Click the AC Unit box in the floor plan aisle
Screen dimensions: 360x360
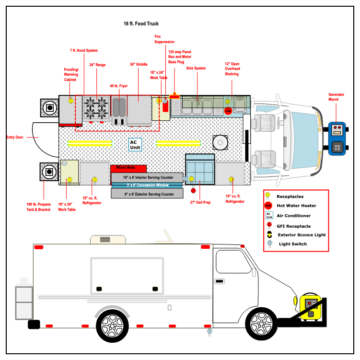pyautogui.click(x=135, y=144)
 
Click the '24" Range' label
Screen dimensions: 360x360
pyautogui.click(x=97, y=65)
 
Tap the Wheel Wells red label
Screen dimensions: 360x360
pyautogui.click(x=126, y=168)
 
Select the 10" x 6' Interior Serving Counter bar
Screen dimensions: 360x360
pyautogui.click(x=147, y=177)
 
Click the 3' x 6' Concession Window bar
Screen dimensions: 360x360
pyautogui.click(x=147, y=185)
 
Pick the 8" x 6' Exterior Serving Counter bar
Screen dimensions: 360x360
pyautogui.click(x=147, y=194)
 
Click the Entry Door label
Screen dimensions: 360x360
pyautogui.click(x=15, y=137)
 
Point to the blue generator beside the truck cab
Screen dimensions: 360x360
pyautogui.click(x=337, y=138)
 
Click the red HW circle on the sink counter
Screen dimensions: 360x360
pyautogui.click(x=228, y=111)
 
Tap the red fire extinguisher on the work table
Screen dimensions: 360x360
pyautogui.click(x=165, y=105)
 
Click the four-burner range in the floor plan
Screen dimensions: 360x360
pyautogui.click(x=96, y=108)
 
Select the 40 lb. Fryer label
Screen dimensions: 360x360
pyautogui.click(x=118, y=86)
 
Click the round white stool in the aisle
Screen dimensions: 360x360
pyautogui.click(x=220, y=142)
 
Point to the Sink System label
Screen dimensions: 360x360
pyautogui.click(x=196, y=68)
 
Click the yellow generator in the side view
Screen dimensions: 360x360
pyautogui.click(x=310, y=307)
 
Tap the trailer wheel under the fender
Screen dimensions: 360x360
pyautogui.click(x=112, y=325)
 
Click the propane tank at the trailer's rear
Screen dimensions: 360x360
pyautogui.click(x=24, y=299)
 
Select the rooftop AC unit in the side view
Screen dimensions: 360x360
pyautogui.click(x=108, y=239)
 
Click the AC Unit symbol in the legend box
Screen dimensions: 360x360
pyautogui.click(x=269, y=215)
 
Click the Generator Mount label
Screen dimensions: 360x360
pyautogui.click(x=336, y=97)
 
